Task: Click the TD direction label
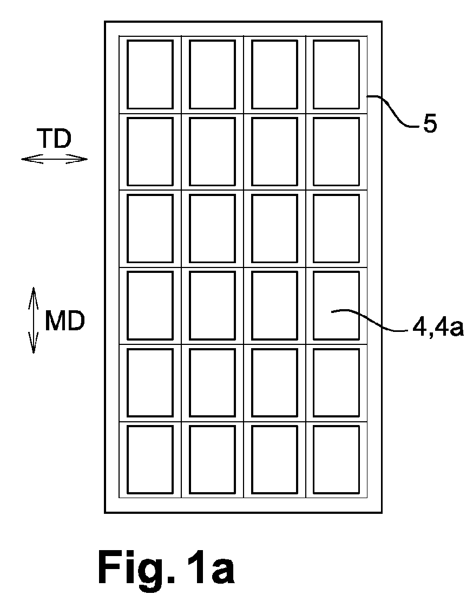coord(54,139)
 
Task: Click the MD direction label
coord(65,322)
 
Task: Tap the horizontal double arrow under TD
coord(54,159)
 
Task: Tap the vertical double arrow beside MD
coord(34,321)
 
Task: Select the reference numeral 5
coord(430,124)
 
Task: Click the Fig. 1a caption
coord(166,568)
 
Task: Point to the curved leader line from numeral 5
coord(393,111)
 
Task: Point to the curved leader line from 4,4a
coord(370,321)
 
